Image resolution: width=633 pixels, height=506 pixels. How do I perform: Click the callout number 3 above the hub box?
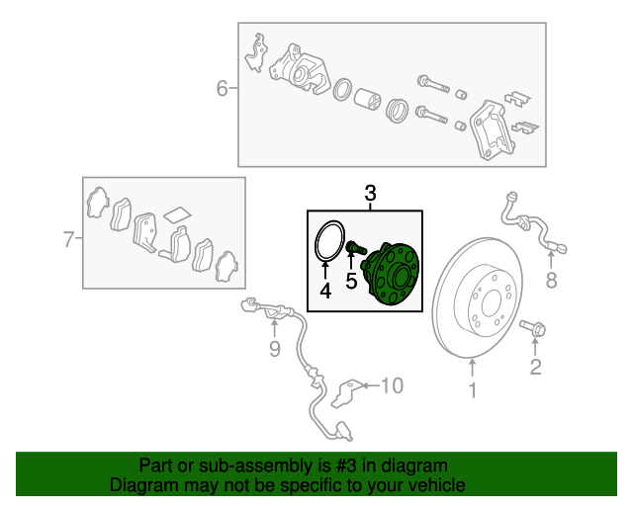(x=370, y=193)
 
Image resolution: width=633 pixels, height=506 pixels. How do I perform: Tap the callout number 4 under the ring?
(x=325, y=291)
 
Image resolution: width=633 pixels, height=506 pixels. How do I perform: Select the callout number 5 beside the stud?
(x=351, y=281)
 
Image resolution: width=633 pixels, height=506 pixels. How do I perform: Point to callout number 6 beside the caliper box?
(x=222, y=88)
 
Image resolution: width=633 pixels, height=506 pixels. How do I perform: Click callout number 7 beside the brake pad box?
(x=69, y=239)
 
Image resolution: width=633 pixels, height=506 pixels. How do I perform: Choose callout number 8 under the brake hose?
(x=551, y=280)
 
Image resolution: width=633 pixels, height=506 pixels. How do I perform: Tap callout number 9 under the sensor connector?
(x=275, y=349)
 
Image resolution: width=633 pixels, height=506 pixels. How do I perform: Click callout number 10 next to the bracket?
(x=392, y=385)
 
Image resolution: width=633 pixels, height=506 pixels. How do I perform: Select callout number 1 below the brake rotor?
(x=472, y=390)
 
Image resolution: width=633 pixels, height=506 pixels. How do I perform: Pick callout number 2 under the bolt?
(x=535, y=367)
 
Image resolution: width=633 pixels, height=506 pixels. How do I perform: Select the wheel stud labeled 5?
(x=356, y=247)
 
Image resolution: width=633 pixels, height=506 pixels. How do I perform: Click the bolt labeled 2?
(x=533, y=328)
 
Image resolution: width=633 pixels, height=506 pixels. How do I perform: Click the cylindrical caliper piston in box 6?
(x=367, y=99)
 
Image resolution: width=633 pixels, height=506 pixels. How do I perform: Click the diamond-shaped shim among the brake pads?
(x=178, y=215)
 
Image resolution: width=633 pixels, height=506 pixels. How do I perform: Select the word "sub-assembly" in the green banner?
(x=255, y=466)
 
